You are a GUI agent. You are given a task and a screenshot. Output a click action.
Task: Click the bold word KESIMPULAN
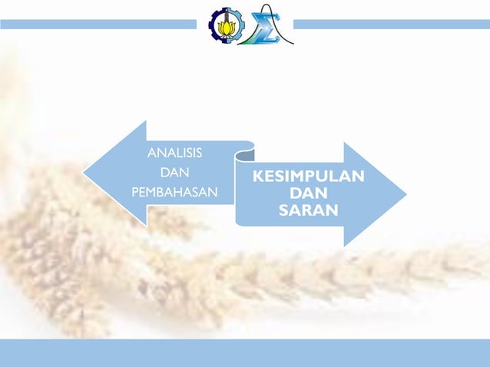(308, 177)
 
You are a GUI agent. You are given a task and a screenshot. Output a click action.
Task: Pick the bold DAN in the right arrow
(308, 193)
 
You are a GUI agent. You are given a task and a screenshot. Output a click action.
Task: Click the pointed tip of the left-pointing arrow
(84, 173)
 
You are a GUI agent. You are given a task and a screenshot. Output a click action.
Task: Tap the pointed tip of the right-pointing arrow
(406, 193)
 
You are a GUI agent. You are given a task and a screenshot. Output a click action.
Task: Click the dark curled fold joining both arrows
(244, 155)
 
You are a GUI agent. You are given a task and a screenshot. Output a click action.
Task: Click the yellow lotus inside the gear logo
(224, 26)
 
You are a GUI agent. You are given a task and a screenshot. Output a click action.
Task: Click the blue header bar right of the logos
(392, 25)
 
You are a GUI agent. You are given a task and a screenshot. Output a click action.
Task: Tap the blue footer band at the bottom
(245, 352)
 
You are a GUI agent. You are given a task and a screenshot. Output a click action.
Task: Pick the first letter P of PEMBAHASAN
(135, 191)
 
